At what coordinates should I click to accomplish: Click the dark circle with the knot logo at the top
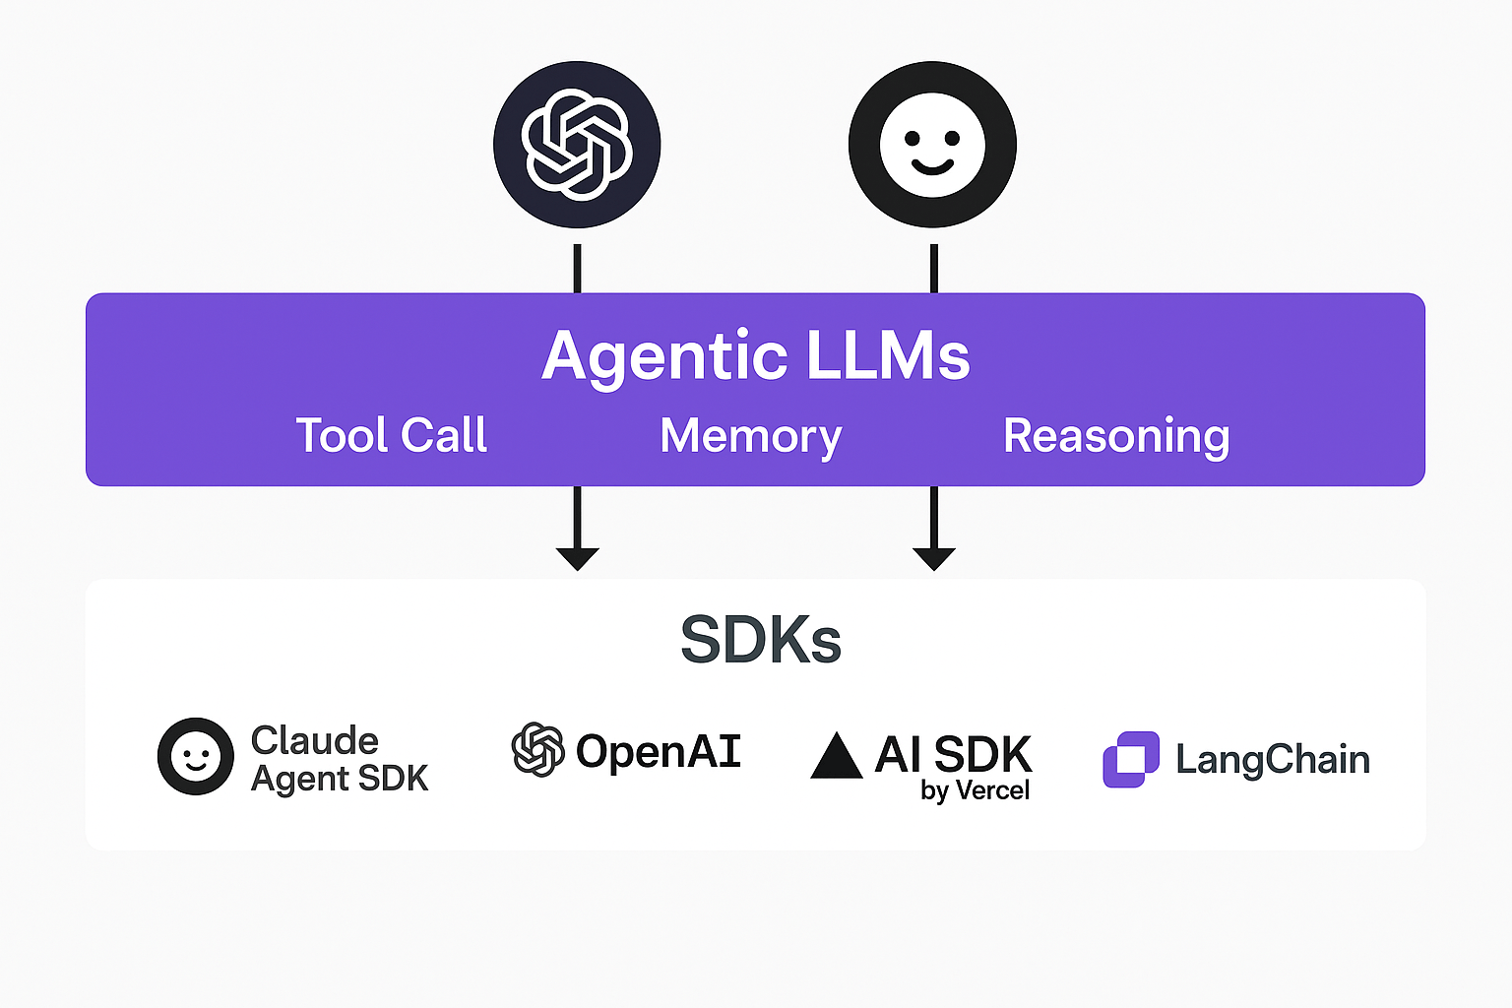(577, 145)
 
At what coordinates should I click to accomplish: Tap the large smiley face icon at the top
(932, 145)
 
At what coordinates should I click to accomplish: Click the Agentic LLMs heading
(756, 355)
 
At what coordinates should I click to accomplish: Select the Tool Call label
(392, 435)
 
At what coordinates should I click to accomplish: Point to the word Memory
(751, 436)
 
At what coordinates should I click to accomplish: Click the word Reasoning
(1116, 436)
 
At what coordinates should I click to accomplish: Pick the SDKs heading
(761, 640)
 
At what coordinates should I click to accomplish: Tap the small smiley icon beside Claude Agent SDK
(196, 756)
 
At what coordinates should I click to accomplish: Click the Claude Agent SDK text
(340, 759)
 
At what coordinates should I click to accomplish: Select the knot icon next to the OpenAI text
(537, 750)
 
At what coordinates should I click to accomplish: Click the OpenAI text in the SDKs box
(658, 752)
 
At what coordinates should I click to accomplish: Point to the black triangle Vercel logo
(836, 756)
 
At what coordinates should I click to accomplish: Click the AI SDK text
(953, 755)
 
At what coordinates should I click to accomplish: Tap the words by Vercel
(975, 790)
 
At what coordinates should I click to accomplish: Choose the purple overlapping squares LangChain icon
(1131, 759)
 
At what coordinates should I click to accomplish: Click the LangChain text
(1273, 760)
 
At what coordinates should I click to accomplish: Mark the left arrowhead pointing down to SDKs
(577, 558)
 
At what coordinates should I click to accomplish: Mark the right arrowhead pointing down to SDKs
(934, 558)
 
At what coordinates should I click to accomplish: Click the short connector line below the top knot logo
(577, 268)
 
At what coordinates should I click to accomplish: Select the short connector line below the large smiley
(934, 268)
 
